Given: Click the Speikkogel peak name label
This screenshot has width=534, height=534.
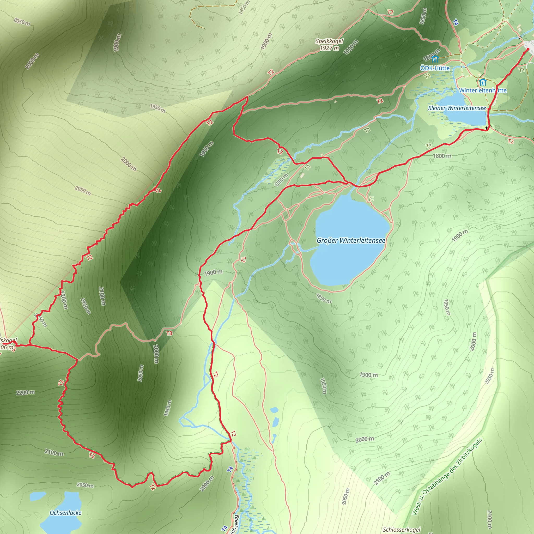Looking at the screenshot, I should click(x=329, y=41).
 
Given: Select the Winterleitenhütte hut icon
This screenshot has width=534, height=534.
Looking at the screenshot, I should click(x=483, y=82).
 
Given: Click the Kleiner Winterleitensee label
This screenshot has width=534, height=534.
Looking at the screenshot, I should click(x=457, y=108).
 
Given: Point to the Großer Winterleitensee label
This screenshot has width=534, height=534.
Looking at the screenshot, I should click(x=351, y=240).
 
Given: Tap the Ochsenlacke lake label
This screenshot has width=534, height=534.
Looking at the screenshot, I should click(x=65, y=513).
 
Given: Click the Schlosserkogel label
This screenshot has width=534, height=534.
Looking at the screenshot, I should click(x=401, y=530).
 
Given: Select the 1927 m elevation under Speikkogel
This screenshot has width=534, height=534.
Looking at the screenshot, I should click(x=329, y=48).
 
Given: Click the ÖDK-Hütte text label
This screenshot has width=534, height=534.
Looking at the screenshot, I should click(x=434, y=68).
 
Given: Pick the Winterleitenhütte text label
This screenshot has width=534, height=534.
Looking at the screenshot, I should click(x=483, y=90).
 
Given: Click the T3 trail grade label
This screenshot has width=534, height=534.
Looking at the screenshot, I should click(x=169, y=333).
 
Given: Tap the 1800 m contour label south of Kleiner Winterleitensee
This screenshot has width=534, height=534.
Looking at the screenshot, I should click(x=442, y=156).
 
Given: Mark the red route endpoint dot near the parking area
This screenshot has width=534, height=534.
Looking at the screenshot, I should click(x=528, y=49).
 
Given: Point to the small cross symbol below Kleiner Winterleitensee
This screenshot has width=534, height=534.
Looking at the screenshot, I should click(x=487, y=128).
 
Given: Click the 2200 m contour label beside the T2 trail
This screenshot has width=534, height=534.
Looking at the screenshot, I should click(x=26, y=392).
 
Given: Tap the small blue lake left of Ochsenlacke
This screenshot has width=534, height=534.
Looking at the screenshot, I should click(x=37, y=496).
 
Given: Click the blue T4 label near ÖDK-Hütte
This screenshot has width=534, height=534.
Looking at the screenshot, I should click(x=456, y=22).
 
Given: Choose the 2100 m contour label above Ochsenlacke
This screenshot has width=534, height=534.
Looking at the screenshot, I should click(x=54, y=452).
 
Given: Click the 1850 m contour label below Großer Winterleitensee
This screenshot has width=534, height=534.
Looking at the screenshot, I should click(x=323, y=298).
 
